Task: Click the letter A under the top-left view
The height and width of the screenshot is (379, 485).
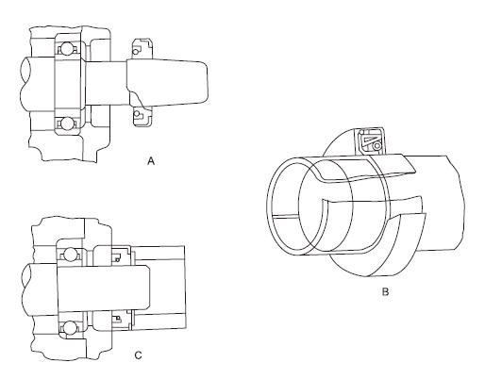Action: tap(151, 161)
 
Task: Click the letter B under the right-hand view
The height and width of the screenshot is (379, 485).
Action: tap(385, 292)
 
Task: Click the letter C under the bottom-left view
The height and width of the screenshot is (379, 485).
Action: tap(138, 355)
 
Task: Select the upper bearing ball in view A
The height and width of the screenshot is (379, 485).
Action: tap(67, 49)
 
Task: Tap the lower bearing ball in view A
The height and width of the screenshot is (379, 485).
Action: tap(67, 123)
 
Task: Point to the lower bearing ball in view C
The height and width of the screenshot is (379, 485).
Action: tap(69, 328)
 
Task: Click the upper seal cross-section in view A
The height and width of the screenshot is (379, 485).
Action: tap(142, 49)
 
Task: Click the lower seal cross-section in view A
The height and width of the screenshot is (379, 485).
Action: tap(142, 116)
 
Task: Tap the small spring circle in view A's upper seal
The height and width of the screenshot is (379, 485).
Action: tap(136, 51)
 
